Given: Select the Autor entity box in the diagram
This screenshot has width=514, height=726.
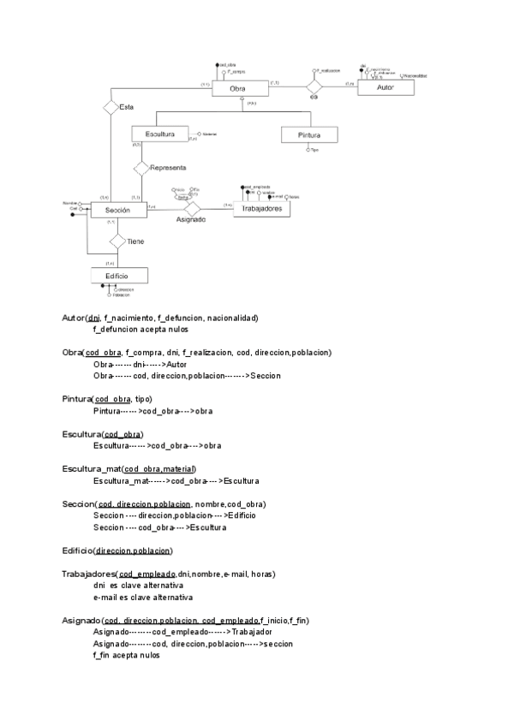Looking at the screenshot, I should click(x=389, y=87).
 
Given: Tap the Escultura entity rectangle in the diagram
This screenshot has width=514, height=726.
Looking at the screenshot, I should click(x=160, y=134).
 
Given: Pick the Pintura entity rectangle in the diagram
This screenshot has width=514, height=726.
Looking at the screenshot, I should click(x=309, y=135).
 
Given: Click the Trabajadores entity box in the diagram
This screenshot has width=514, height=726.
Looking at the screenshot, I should click(x=262, y=210).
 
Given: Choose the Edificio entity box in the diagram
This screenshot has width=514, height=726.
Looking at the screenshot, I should click(x=119, y=276).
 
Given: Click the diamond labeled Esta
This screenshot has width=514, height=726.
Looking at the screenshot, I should click(x=111, y=107).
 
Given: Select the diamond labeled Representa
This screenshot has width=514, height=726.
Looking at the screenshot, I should click(x=141, y=168).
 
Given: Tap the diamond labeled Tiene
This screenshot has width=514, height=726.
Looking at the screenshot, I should click(x=118, y=241).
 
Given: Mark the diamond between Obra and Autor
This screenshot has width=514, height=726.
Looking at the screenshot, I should click(x=314, y=86).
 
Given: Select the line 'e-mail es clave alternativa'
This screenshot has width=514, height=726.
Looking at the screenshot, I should click(x=144, y=597).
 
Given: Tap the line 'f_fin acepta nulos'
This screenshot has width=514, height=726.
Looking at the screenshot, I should click(x=127, y=655).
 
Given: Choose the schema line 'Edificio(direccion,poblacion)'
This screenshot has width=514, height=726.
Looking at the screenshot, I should click(x=118, y=550).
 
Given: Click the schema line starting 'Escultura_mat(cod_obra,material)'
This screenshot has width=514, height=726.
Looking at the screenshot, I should click(x=129, y=469).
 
